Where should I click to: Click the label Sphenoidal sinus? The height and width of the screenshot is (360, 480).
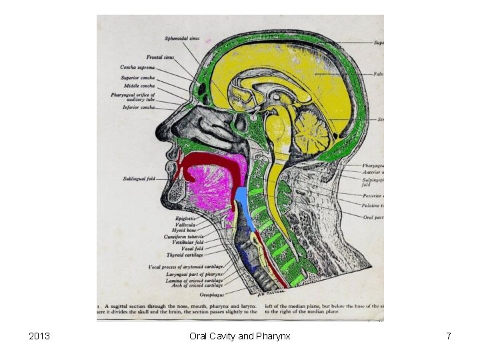[x=182, y=38]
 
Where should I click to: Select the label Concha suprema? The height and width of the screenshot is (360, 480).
[x=137, y=67]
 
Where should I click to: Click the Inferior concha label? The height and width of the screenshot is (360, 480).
[x=139, y=107]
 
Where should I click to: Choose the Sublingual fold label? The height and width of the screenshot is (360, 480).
[x=139, y=179]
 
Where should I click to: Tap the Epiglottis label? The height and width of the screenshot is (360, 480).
[x=185, y=219]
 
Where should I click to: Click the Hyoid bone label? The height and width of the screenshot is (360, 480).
[x=186, y=231]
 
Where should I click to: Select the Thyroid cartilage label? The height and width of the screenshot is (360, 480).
[x=185, y=255]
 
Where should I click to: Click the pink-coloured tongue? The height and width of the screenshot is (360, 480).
[x=211, y=189]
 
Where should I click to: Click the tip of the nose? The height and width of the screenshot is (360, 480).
[x=159, y=127]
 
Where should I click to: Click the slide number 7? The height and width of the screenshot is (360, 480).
[x=449, y=336]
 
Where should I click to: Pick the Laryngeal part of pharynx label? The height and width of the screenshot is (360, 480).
[x=196, y=273]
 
